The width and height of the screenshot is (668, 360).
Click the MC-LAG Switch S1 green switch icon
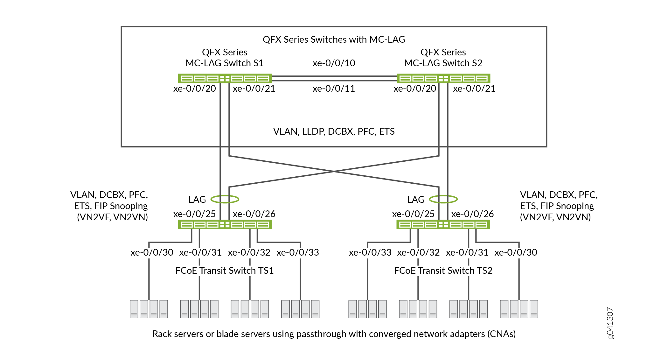point(225,78)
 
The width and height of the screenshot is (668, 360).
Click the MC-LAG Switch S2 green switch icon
point(443,78)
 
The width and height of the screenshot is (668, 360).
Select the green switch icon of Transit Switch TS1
point(225,225)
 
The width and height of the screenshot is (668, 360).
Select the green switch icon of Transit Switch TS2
point(443,225)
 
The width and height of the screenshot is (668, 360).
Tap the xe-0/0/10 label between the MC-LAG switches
point(334,63)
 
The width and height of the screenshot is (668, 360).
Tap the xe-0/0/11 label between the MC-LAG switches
point(334,88)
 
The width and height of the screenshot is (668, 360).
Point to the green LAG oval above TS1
point(225,199)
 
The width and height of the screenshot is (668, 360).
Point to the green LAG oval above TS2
point(443,199)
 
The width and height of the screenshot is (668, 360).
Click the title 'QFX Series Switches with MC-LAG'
point(334,39)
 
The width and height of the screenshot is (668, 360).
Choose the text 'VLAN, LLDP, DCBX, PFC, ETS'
point(334,131)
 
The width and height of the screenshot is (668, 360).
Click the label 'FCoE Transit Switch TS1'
point(225,271)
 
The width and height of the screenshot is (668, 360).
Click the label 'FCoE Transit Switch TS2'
point(443,271)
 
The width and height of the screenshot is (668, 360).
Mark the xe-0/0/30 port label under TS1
point(152,252)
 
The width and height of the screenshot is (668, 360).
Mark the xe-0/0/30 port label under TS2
point(516,252)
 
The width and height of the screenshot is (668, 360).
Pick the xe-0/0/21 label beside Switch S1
point(254,88)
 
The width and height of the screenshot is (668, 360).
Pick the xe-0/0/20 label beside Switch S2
point(415,88)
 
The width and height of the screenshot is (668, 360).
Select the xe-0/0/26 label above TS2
point(472,214)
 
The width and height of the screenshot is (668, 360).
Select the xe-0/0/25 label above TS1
point(194,214)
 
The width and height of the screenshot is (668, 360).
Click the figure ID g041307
point(610,323)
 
